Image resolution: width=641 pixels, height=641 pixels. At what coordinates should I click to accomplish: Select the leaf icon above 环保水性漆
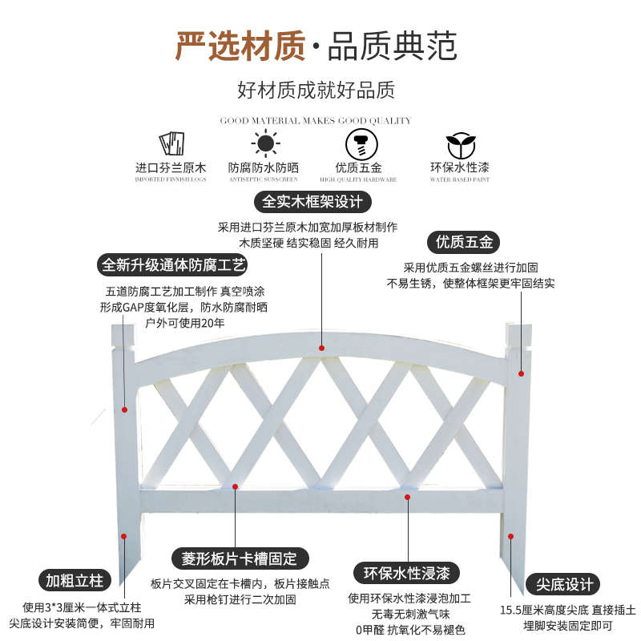tap(459, 144)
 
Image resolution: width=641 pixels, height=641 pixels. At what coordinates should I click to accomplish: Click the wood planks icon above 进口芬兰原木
tap(171, 144)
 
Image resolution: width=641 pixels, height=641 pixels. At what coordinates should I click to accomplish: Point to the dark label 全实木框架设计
tap(313, 200)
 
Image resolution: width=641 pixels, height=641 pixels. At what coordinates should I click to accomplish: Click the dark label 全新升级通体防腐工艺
tap(173, 264)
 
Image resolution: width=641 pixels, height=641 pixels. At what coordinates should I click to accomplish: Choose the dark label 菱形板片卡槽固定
tap(240, 558)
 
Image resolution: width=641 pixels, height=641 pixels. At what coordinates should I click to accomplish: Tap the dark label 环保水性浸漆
tap(406, 574)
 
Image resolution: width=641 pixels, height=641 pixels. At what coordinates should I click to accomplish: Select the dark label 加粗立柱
tap(75, 580)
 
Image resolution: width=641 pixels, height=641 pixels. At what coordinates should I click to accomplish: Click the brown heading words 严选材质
tap(240, 46)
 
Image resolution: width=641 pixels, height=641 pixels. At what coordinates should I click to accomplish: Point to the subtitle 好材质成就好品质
tap(316, 90)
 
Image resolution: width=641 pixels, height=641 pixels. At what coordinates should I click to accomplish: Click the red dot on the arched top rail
tap(321, 348)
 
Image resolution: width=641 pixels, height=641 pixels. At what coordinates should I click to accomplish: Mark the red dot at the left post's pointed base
tap(124, 537)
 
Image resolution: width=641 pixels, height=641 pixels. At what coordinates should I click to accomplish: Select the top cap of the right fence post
tap(518, 335)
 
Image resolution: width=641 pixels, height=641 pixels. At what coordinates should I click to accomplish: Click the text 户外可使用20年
tap(184, 323)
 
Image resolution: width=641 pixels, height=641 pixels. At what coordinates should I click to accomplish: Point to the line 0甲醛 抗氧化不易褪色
tap(409, 630)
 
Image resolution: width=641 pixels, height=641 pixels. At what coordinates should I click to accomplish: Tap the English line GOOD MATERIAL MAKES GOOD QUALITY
tap(315, 120)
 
